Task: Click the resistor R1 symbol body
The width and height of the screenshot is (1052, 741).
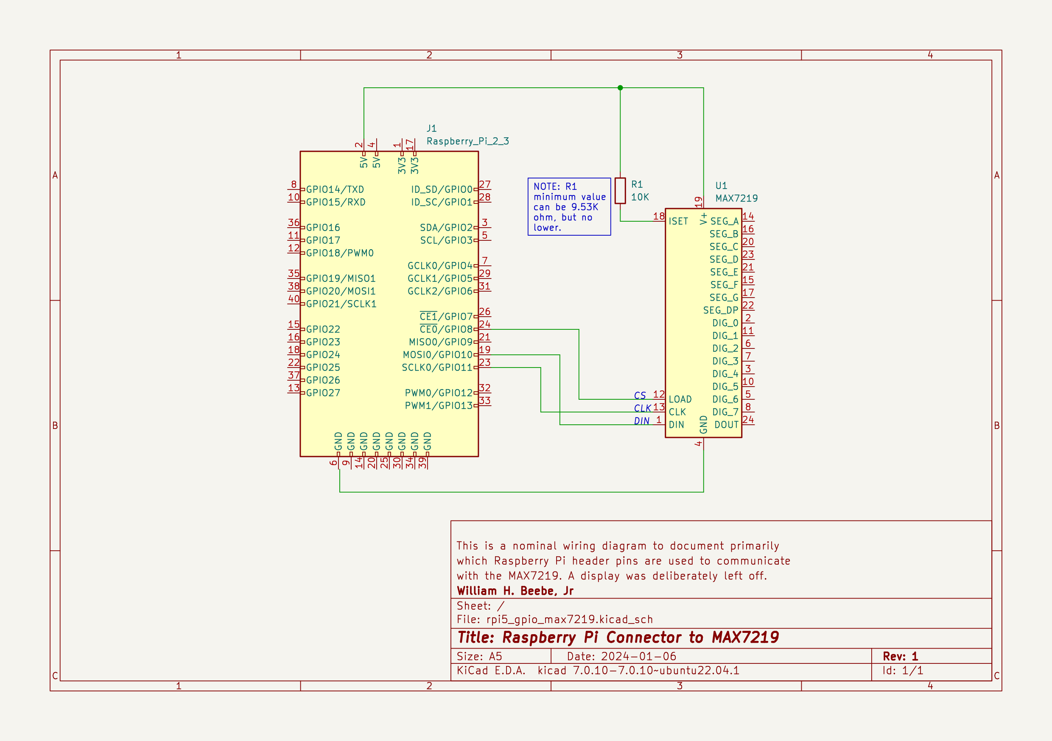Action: [x=620, y=190]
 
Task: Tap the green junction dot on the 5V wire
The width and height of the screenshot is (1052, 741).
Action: [x=620, y=87]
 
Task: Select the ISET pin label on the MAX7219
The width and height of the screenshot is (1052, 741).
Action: [x=678, y=221]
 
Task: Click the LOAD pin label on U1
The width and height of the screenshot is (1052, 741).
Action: [x=680, y=399]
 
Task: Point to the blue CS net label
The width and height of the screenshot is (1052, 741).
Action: [x=640, y=396]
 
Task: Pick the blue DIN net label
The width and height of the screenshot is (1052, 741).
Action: [x=641, y=421]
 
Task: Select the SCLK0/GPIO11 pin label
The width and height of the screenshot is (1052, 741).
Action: [x=436, y=367]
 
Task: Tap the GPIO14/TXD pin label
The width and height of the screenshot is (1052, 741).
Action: [x=335, y=189]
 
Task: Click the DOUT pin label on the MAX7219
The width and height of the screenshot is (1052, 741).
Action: [x=726, y=425]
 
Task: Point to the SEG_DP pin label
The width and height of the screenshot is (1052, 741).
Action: [x=721, y=310]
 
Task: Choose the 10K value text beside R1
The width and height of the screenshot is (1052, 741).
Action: [x=640, y=197]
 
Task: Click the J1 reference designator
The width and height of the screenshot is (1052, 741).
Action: [x=431, y=128]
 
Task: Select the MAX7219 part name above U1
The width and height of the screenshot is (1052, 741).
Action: [x=736, y=198]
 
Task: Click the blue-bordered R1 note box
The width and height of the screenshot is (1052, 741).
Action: [x=569, y=206]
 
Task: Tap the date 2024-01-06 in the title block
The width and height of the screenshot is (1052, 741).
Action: [x=638, y=656]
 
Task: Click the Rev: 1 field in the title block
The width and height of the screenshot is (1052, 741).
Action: [x=900, y=656]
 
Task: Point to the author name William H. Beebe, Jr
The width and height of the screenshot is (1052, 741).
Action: [x=515, y=591]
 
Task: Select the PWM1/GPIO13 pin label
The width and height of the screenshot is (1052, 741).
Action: [x=439, y=406]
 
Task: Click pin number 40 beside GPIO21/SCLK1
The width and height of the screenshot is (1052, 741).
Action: [x=294, y=298]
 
